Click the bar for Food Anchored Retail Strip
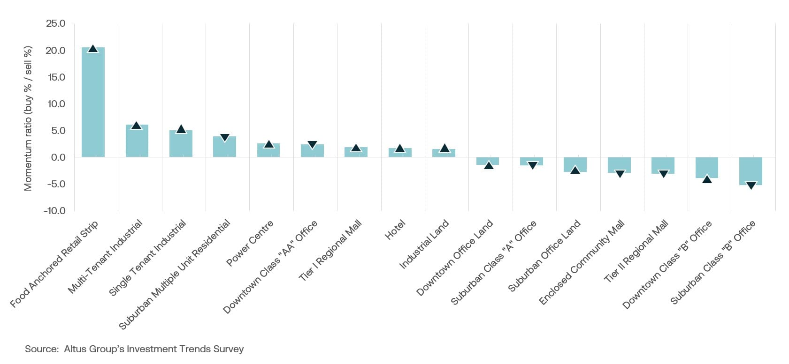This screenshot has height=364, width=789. tap(93, 103)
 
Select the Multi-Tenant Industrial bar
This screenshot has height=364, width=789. tap(137, 141)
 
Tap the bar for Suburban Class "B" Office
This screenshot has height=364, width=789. tap(751, 171)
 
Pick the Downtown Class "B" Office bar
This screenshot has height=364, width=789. tap(706, 167)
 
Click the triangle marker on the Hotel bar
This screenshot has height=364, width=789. tap(400, 149)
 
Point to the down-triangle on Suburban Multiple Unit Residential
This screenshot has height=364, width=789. tap(224, 138)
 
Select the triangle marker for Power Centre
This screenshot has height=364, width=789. tap(268, 144)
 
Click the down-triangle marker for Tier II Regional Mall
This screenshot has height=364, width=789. tap(663, 174)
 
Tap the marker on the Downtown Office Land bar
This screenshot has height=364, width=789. tap(488, 165)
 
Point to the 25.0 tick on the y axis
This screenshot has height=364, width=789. tap(55, 23)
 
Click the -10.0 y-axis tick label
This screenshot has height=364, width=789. tap(54, 211)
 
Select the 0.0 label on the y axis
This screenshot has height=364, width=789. tap(58, 157)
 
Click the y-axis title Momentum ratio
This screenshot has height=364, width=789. tap(28, 118)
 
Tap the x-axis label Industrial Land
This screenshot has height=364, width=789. tap(424, 244)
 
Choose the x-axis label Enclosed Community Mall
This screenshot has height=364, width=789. tap(582, 263)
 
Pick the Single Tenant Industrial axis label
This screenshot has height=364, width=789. tap(147, 258)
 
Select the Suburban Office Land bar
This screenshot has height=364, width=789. tap(575, 164)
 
